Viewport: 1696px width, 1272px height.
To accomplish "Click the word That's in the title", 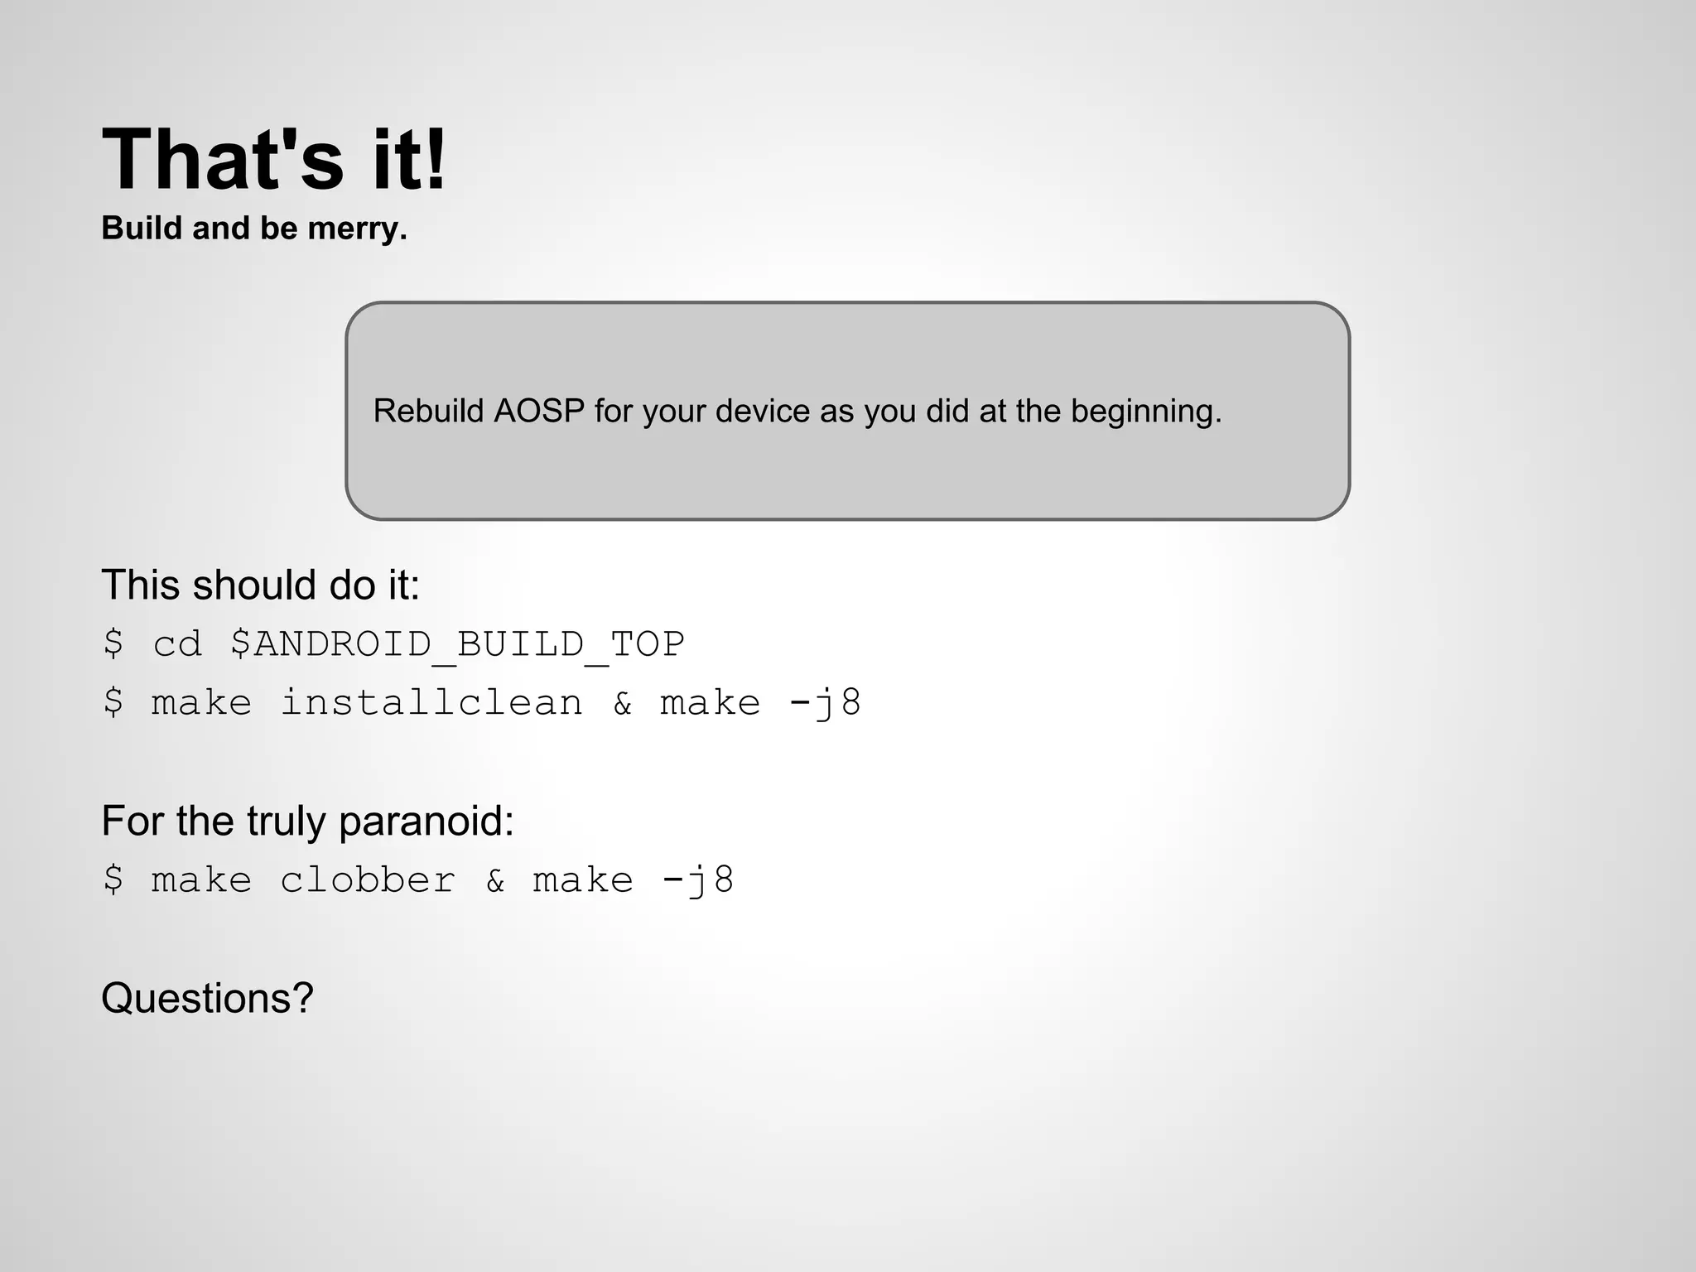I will coord(222,159).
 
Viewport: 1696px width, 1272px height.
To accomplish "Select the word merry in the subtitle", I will coord(356,229).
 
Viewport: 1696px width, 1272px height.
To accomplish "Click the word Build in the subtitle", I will coord(141,229).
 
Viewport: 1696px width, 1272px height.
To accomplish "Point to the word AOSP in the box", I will coord(539,411).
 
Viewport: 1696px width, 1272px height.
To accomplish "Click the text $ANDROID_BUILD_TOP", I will coord(457,644).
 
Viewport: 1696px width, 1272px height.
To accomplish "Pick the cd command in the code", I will coord(177,644).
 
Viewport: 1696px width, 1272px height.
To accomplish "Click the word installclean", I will coord(431,703).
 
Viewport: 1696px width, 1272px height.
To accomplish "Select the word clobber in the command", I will coord(368,880).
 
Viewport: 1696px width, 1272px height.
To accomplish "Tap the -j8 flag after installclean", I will coord(825,703).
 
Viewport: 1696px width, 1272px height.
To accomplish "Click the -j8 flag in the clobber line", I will coord(697,880).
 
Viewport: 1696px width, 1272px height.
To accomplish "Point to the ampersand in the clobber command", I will coord(495,880).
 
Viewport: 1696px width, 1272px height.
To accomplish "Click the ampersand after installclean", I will coord(623,703).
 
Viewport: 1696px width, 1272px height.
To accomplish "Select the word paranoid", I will coord(426,821).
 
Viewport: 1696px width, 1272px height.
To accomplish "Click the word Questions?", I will coord(207,998).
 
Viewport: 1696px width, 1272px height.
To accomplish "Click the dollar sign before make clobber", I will coord(113,880).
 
